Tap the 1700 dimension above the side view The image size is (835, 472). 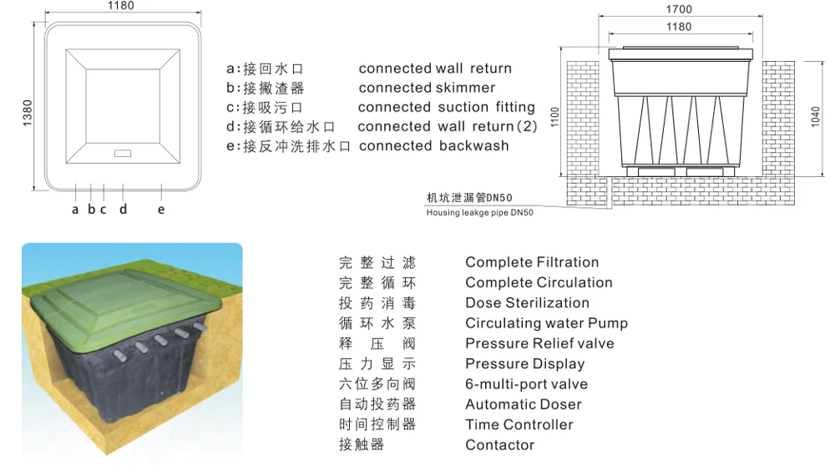tap(680, 10)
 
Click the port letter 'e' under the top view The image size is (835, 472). tap(161, 210)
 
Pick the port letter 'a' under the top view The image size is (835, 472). tap(75, 210)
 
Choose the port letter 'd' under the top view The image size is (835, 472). tap(123, 210)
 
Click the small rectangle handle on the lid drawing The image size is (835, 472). tap(123, 154)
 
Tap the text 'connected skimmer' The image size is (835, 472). tap(427, 88)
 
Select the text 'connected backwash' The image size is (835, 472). tap(433, 145)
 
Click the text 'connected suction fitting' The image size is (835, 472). tap(446, 107)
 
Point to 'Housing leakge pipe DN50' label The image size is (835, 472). tap(479, 213)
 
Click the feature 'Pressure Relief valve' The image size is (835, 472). tap(539, 343)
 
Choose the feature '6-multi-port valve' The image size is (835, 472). tap(526, 384)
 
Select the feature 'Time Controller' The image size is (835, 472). tap(519, 424)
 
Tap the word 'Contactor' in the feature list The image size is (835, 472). tap(499, 445)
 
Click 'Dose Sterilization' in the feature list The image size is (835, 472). tap(527, 303)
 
